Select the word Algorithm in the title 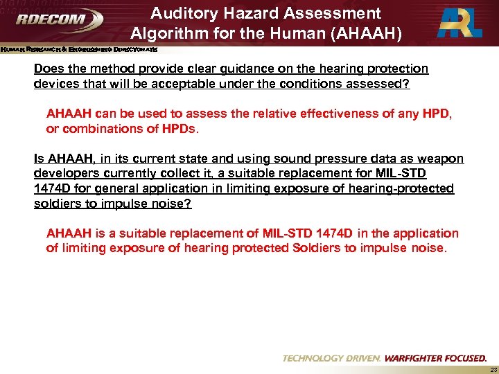pyautogui.click(x=166, y=34)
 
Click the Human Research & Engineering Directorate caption pyautogui.click(x=79, y=50)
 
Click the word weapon pyautogui.click(x=440, y=159)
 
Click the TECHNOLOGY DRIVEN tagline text pyautogui.click(x=331, y=358)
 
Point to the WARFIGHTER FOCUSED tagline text pyautogui.click(x=435, y=358)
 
